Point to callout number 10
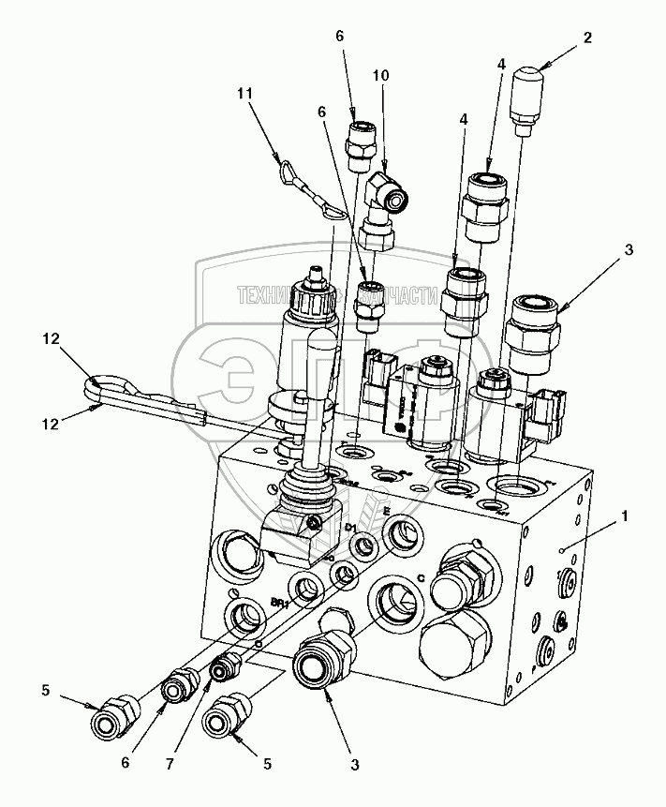(380, 73)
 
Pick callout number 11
(245, 94)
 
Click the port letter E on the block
(386, 511)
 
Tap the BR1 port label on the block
(277, 605)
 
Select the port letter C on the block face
(422, 578)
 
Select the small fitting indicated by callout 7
(224, 669)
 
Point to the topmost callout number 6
(340, 36)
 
